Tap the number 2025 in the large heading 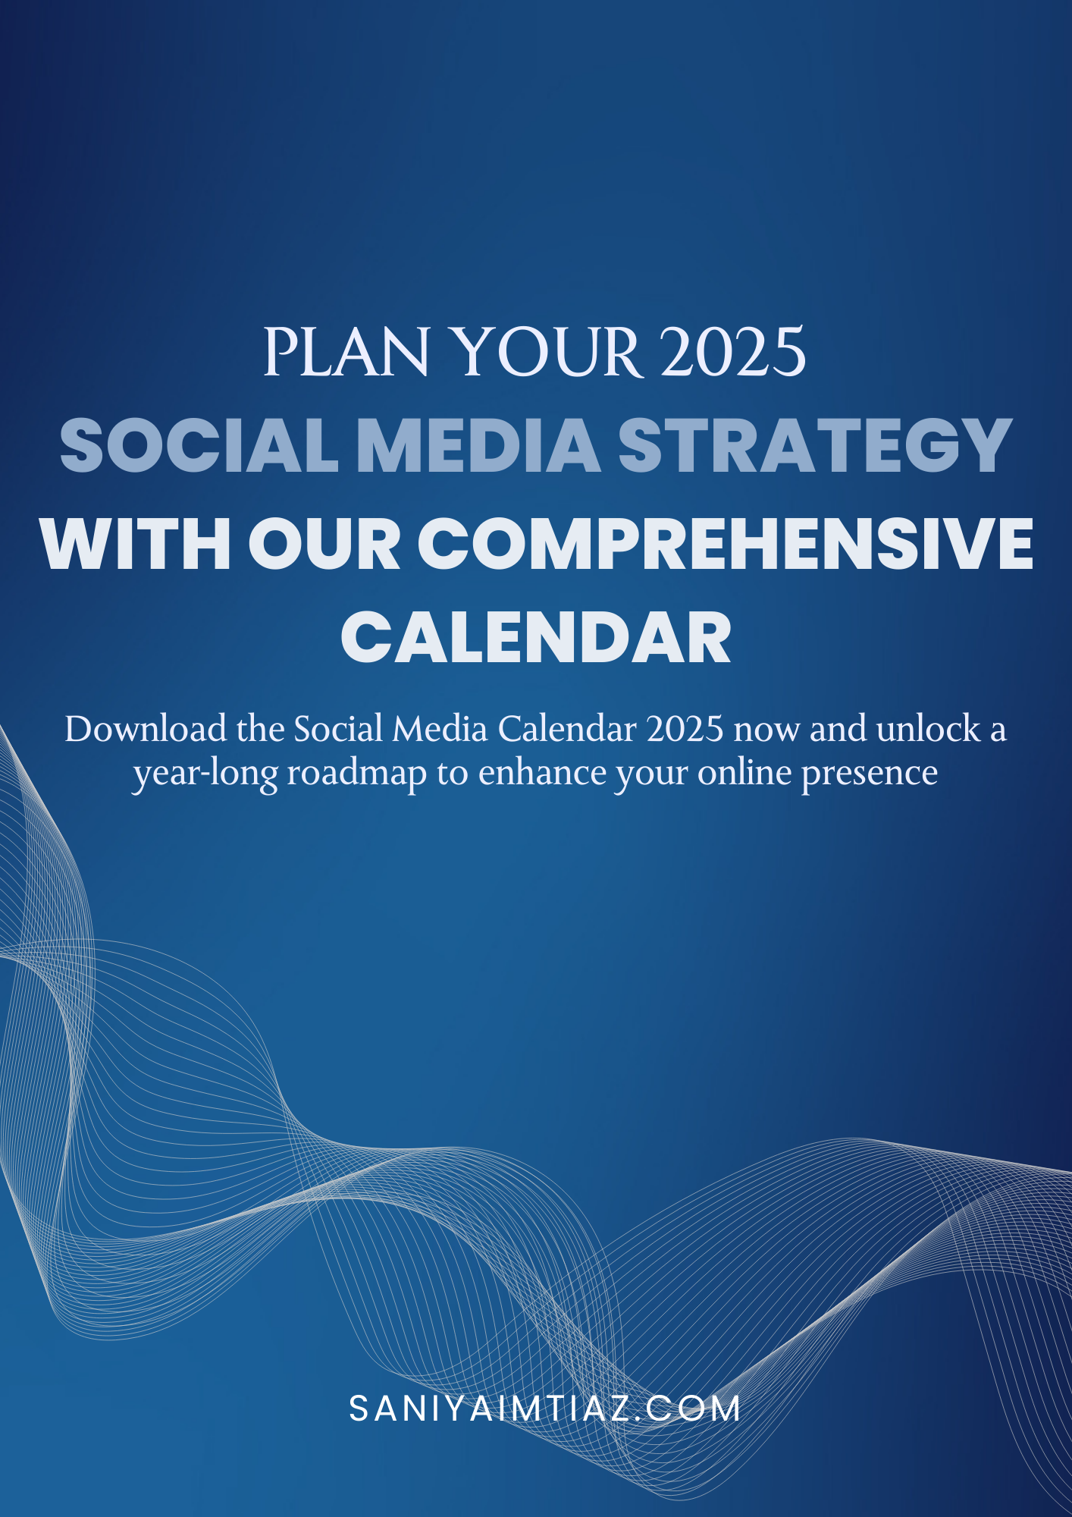[733, 353]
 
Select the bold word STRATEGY [815, 446]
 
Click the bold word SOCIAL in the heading [199, 446]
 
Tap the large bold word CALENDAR [536, 638]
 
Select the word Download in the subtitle [146, 729]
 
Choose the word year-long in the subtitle [205, 774]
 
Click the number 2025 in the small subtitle [685, 730]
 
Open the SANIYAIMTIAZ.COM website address [544, 1409]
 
